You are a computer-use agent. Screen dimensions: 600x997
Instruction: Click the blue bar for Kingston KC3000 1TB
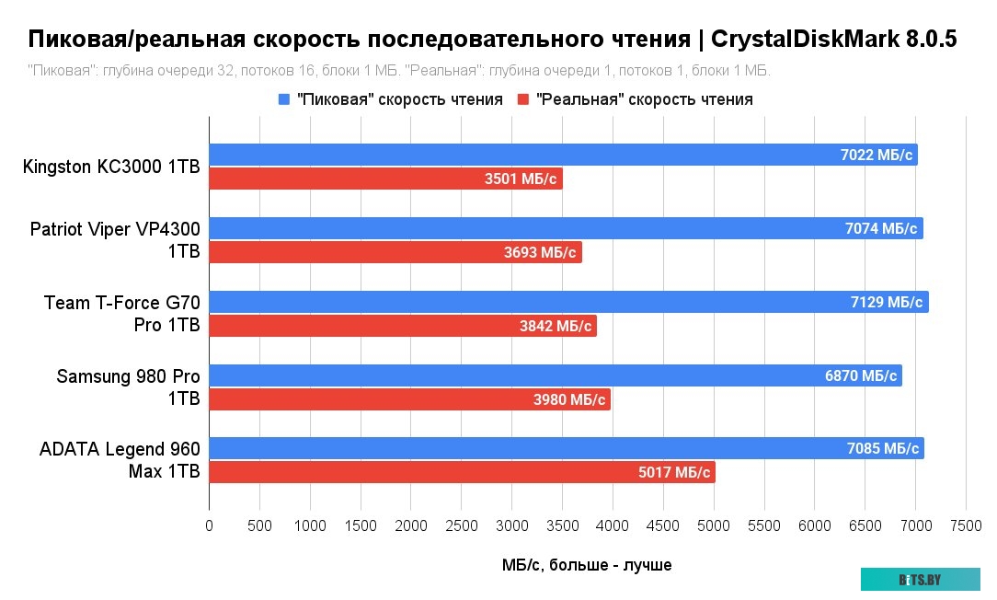[563, 155]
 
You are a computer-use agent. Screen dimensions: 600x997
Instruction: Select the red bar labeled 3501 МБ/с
[385, 179]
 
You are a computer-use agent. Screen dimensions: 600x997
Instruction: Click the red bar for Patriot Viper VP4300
[395, 252]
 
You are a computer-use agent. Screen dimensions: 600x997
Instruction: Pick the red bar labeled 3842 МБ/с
[403, 326]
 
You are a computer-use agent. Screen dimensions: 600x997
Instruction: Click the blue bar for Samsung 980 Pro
[556, 375]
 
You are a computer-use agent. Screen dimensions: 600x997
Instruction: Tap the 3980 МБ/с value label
[569, 399]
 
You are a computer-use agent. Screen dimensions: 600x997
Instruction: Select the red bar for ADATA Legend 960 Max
[462, 473]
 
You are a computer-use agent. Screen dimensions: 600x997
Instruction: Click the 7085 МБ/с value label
[883, 449]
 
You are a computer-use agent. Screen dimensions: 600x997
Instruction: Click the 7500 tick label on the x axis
[966, 525]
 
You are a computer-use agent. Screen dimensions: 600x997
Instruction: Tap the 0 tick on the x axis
[210, 525]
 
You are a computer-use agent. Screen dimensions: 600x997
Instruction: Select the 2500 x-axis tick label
[462, 525]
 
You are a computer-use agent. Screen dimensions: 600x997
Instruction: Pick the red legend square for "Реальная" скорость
[523, 99]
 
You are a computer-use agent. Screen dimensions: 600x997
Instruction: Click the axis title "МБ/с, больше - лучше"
[587, 564]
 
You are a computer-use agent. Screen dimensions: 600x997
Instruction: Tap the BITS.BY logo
[920, 580]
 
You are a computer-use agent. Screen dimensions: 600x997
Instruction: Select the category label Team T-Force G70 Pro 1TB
[122, 314]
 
